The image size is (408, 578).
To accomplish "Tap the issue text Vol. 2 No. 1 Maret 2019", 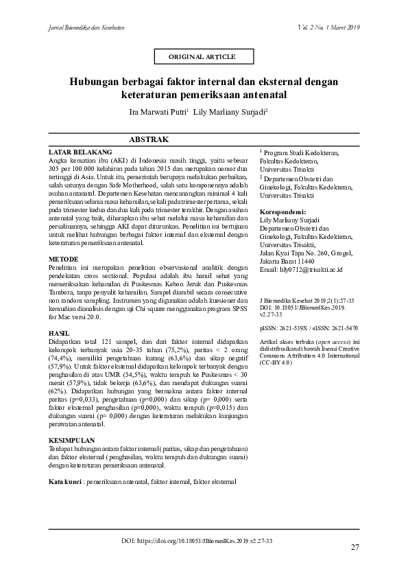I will pos(329,27).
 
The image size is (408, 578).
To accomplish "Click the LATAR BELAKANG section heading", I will pos(80,151).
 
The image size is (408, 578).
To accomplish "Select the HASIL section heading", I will pos(60,332).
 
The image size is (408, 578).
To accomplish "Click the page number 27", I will pos(355,547).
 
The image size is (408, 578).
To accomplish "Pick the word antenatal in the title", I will pos(263,94).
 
